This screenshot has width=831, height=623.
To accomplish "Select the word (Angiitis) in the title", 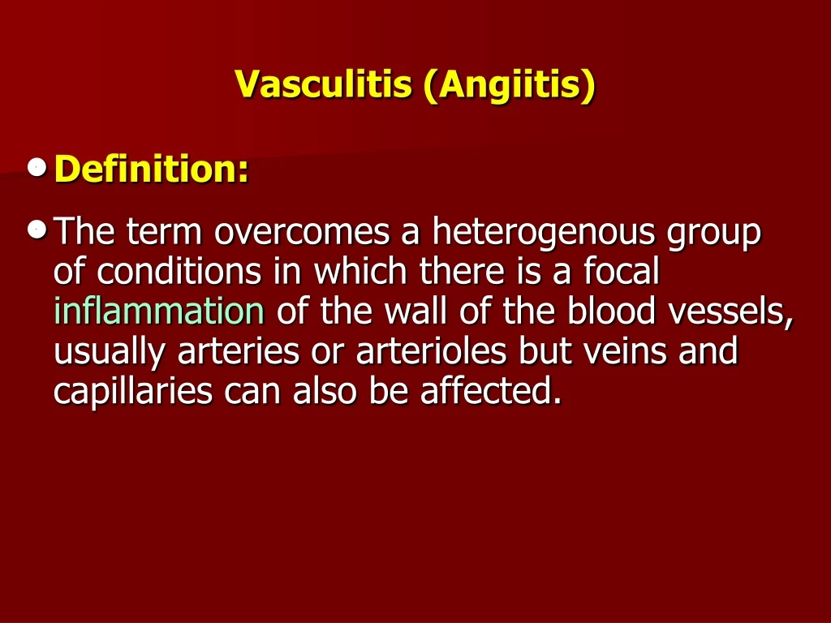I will point(508,84).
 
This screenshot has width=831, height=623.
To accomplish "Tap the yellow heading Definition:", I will point(152,170).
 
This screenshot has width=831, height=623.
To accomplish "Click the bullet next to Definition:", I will point(35,168).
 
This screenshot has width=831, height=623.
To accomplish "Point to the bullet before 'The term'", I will point(35,230).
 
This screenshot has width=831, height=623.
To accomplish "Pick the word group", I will point(714,234).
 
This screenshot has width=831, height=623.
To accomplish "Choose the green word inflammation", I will point(159,312).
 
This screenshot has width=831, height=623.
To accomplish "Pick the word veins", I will point(621,352).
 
